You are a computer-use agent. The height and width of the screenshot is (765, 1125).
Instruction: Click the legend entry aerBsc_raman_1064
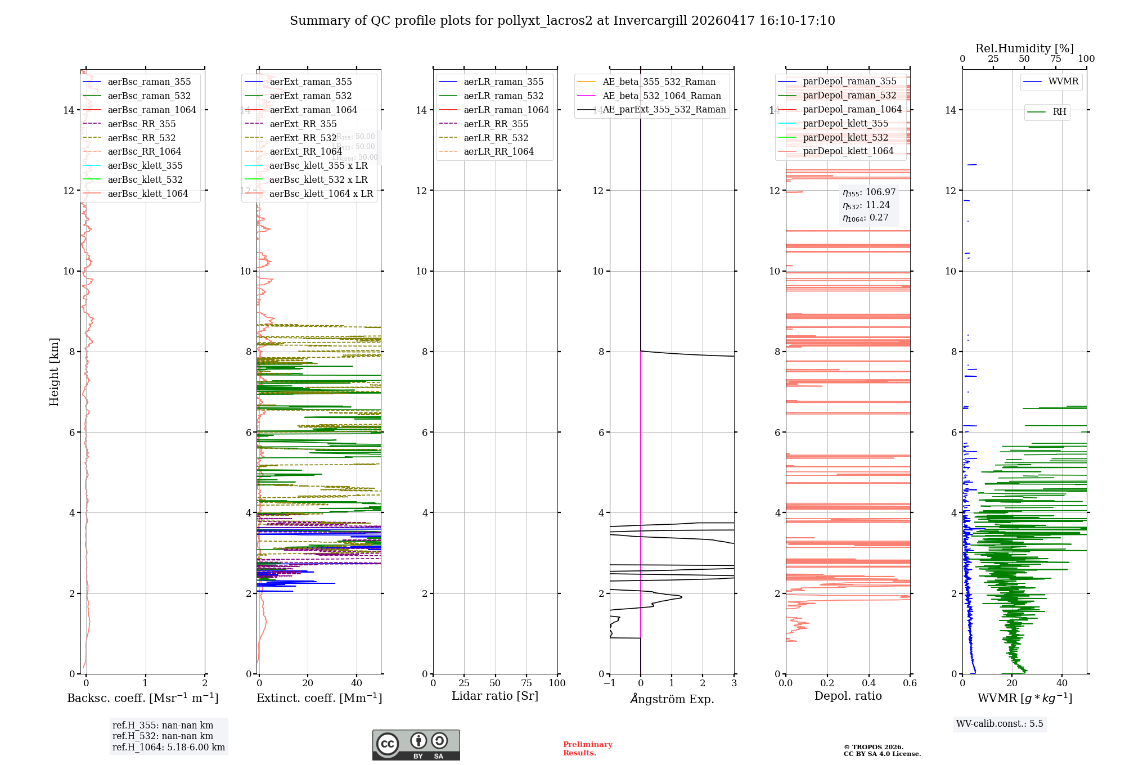click(x=152, y=110)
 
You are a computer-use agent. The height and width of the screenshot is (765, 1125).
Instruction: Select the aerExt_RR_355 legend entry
click(x=303, y=124)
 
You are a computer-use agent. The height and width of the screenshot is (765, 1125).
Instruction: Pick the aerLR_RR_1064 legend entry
click(x=498, y=151)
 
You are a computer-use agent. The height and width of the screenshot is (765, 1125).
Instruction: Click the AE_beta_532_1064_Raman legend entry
click(x=661, y=96)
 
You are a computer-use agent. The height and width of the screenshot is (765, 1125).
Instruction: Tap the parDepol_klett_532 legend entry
click(x=845, y=137)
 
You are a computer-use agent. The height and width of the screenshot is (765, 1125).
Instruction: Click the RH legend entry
click(x=1059, y=112)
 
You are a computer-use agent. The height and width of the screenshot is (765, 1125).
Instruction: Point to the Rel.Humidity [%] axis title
click(x=1024, y=48)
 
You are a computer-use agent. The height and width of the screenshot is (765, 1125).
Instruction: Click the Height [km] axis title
click(x=54, y=372)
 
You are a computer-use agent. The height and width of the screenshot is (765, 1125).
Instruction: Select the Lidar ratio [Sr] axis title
click(x=495, y=696)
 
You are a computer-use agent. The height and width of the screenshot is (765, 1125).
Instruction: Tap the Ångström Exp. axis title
click(x=672, y=699)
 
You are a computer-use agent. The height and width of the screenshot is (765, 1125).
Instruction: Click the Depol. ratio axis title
click(x=848, y=696)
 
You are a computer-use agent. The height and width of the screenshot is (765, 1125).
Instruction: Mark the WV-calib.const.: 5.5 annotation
click(x=1000, y=724)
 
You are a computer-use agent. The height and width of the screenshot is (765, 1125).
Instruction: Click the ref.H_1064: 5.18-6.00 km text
click(x=169, y=748)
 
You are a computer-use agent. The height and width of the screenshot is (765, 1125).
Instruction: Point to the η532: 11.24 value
click(x=866, y=205)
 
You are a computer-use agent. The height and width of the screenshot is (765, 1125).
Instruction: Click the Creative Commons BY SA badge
click(x=416, y=745)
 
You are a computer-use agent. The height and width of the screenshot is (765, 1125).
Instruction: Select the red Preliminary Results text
click(x=587, y=749)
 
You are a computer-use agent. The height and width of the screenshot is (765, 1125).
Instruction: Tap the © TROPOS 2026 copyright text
click(x=873, y=748)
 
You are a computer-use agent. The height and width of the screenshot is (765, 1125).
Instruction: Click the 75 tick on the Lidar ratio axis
click(x=526, y=683)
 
